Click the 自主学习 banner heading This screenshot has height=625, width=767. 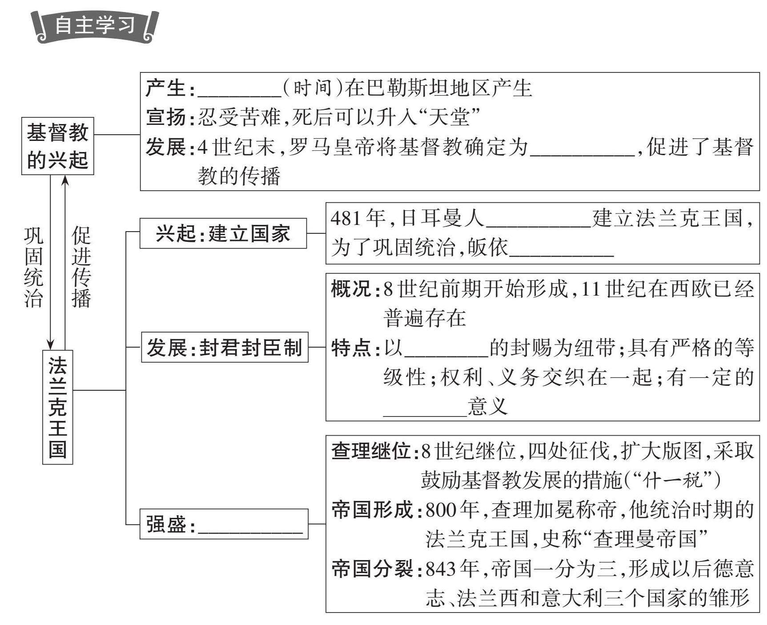tap(95, 25)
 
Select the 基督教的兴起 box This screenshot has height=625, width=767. tap(58, 146)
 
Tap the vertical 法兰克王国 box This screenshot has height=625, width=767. tap(58, 407)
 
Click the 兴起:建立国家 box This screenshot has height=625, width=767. tap(223, 233)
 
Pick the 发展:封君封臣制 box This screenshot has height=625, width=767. tap(225, 347)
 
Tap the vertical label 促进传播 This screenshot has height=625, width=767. tap(82, 267)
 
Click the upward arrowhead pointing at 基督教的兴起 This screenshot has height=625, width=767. tap(65, 180)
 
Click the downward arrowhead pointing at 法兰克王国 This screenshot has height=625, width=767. tap(51, 344)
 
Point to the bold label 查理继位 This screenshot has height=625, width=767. tap(371, 452)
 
